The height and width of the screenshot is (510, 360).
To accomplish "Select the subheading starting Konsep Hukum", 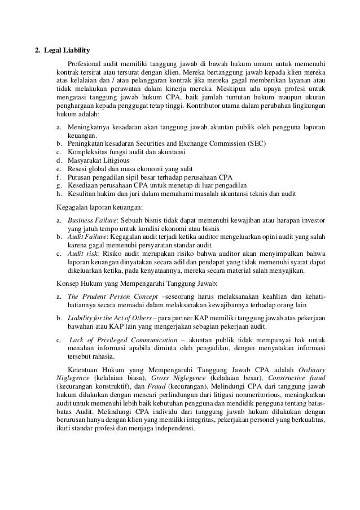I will pyautogui.click(x=120, y=283).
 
